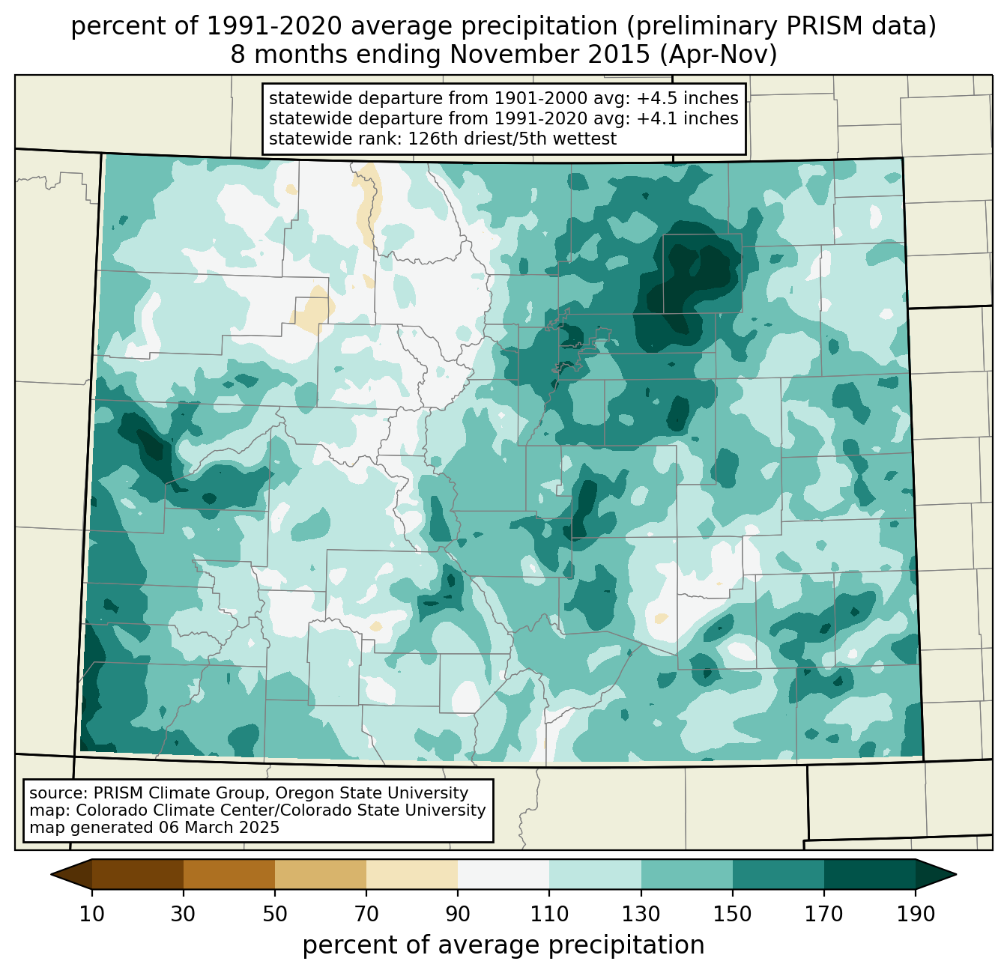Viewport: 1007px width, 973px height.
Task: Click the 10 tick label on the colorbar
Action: point(92,915)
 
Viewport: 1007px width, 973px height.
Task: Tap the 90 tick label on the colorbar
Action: point(458,915)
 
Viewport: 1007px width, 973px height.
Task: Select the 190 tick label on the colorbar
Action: point(915,915)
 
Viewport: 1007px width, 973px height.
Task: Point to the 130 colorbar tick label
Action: point(641,915)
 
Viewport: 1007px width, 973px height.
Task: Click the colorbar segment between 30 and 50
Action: point(229,874)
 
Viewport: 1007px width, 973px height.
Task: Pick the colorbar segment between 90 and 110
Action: point(503,874)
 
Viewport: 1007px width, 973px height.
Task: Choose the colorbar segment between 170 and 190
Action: point(869,874)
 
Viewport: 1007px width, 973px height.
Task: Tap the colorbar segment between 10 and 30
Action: point(138,874)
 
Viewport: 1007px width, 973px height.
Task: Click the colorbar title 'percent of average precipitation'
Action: point(503,945)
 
